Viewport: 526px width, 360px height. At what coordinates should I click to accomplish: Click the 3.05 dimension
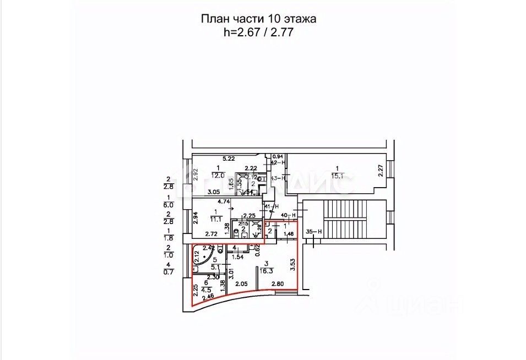coord(214,192)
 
